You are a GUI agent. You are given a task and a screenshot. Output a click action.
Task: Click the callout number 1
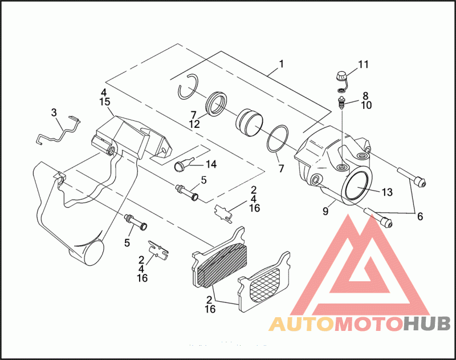click(280, 64)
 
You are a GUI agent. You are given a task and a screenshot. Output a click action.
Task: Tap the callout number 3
click(54, 113)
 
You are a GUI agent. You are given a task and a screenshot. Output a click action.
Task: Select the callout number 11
click(364, 64)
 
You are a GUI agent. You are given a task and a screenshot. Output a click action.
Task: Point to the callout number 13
click(387, 192)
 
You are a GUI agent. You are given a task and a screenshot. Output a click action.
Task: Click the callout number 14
click(211, 164)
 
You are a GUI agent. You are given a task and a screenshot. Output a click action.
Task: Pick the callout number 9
click(325, 211)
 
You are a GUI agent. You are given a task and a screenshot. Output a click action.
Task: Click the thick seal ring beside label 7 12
click(217, 103)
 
